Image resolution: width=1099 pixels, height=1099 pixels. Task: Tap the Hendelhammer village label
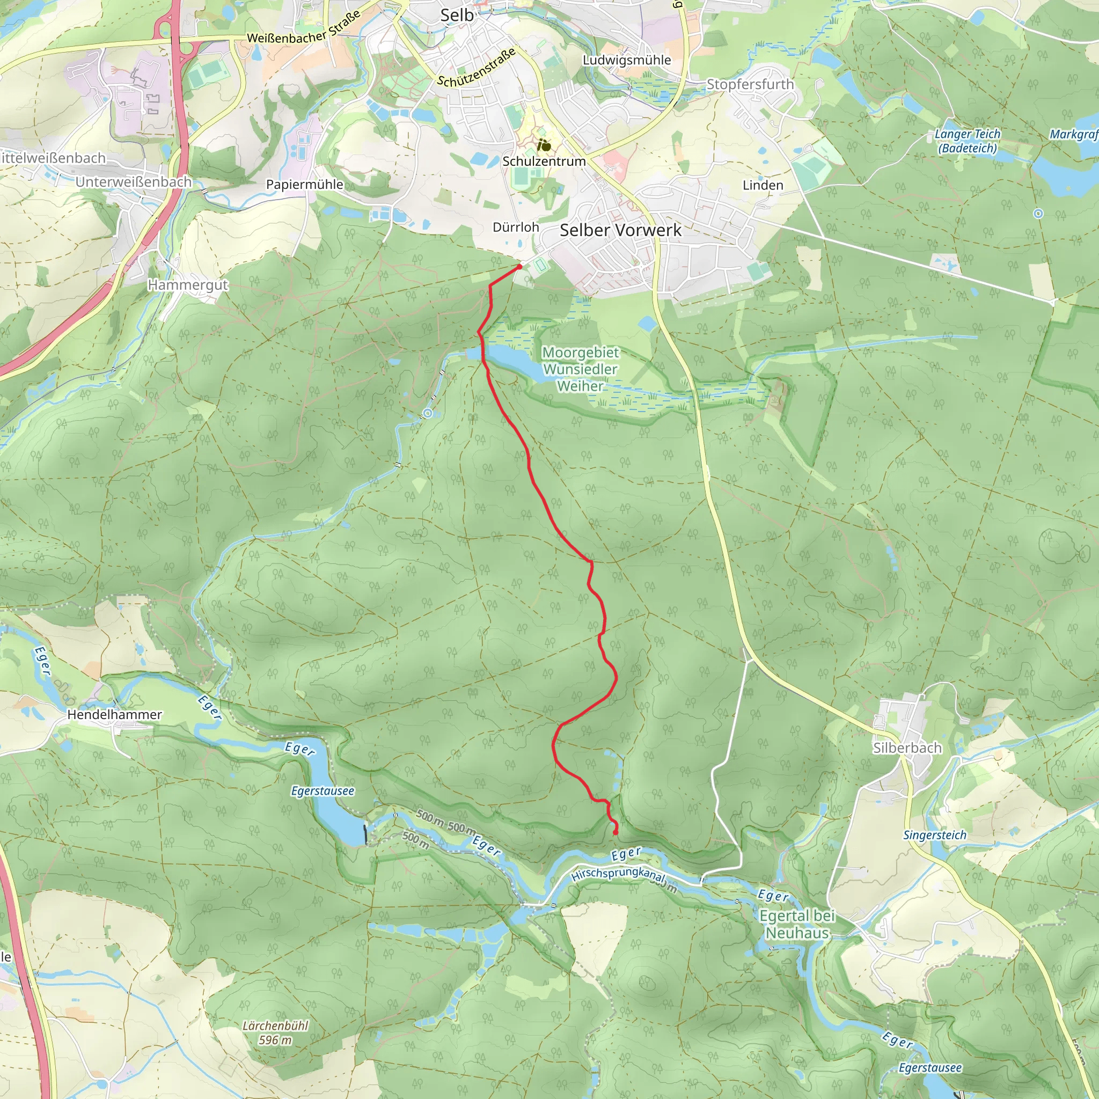tap(114, 714)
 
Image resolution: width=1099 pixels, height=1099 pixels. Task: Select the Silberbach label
tap(907, 748)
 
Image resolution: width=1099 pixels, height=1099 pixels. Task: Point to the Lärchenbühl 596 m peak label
tap(275, 1032)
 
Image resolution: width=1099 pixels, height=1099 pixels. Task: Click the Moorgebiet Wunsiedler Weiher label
tap(580, 369)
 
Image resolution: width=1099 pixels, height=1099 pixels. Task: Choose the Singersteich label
tap(935, 835)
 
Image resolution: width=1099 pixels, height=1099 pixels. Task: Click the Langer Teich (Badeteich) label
tap(967, 141)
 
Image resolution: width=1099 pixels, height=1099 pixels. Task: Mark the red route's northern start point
tap(519, 266)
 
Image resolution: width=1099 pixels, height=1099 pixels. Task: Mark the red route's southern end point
tap(616, 833)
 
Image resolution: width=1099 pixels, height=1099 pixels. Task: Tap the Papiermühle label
tap(304, 184)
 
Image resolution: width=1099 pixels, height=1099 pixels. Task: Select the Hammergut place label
tap(188, 284)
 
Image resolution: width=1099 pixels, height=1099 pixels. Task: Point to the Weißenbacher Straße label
tap(304, 28)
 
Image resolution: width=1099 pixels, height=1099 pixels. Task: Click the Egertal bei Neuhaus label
tap(796, 925)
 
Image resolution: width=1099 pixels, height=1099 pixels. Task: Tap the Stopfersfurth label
tap(750, 84)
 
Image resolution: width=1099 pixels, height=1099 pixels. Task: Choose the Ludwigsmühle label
tap(626, 60)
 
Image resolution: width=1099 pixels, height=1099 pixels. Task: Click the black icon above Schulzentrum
tap(544, 145)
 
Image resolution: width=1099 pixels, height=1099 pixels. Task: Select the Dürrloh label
tap(515, 227)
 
